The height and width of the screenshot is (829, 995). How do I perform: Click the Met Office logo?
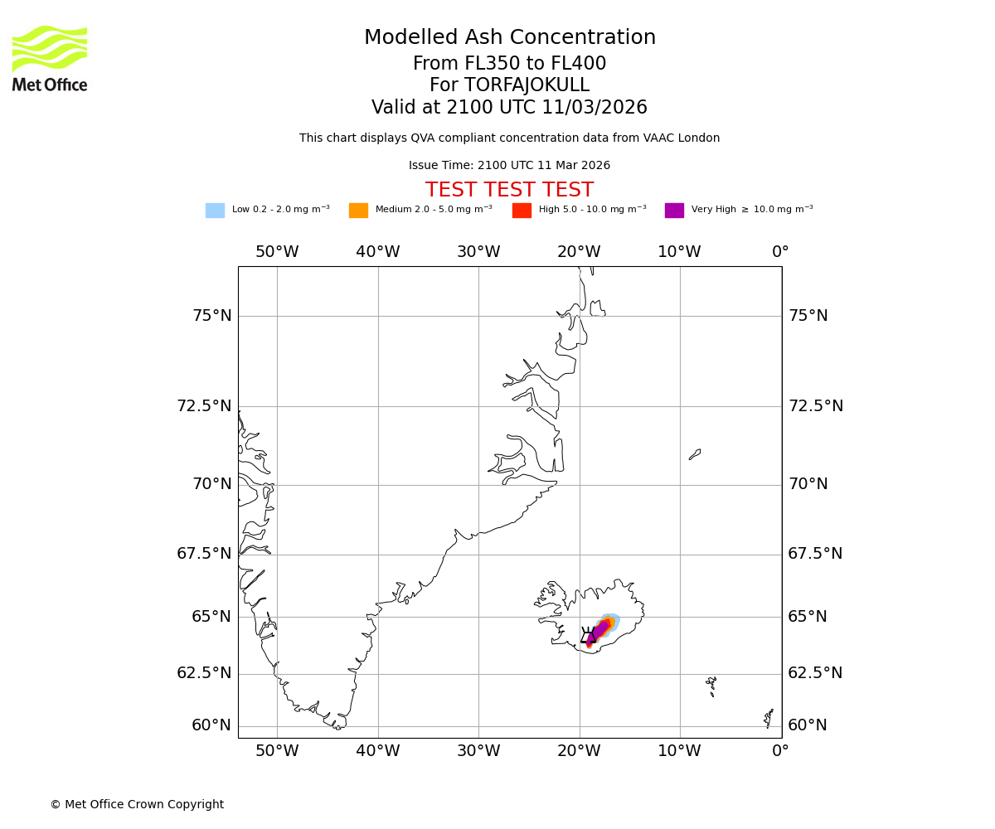point(50,58)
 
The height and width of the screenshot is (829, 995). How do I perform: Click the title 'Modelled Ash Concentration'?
point(509,38)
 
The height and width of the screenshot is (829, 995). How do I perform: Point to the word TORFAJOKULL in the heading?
point(527,85)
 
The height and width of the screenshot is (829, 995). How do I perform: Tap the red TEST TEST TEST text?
point(509,191)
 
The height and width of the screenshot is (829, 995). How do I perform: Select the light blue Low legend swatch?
point(215,211)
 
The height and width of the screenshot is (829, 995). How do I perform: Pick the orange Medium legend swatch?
point(358,211)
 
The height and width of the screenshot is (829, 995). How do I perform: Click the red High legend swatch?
point(522,211)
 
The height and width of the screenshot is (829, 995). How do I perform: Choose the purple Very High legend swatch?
point(674,211)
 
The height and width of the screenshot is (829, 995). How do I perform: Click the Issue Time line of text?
point(509,166)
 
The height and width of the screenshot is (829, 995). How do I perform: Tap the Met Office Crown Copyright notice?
point(137,805)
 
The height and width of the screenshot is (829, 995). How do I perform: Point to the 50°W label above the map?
point(277,252)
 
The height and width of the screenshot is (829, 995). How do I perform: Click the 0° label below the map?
point(780,752)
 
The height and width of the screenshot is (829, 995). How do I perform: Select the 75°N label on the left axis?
point(212,316)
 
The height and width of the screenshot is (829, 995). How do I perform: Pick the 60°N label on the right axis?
point(808,725)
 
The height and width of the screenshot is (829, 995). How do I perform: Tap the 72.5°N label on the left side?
point(204,406)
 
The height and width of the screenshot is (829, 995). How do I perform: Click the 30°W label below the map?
point(478,752)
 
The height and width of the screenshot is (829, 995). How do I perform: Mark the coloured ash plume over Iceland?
point(602,628)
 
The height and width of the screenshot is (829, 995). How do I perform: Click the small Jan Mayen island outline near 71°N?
point(695,454)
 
